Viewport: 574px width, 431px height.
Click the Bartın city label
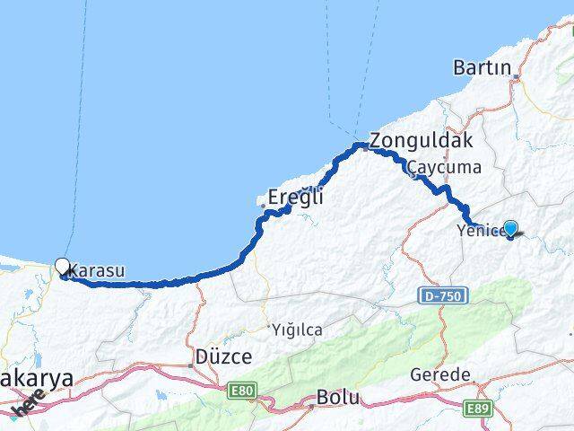(482, 68)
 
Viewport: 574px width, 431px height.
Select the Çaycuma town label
(444, 167)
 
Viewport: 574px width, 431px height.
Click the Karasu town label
(96, 269)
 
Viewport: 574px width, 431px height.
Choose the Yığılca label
(297, 330)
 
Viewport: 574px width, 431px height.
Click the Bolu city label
(338, 396)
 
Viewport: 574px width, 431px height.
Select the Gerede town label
(439, 374)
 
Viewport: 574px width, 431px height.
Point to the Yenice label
(477, 232)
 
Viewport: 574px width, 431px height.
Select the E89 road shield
(475, 408)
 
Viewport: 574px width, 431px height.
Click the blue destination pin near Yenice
(510, 228)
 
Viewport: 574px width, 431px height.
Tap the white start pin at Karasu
(62, 266)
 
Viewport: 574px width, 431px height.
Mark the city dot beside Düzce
(191, 365)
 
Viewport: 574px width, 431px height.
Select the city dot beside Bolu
(311, 406)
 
